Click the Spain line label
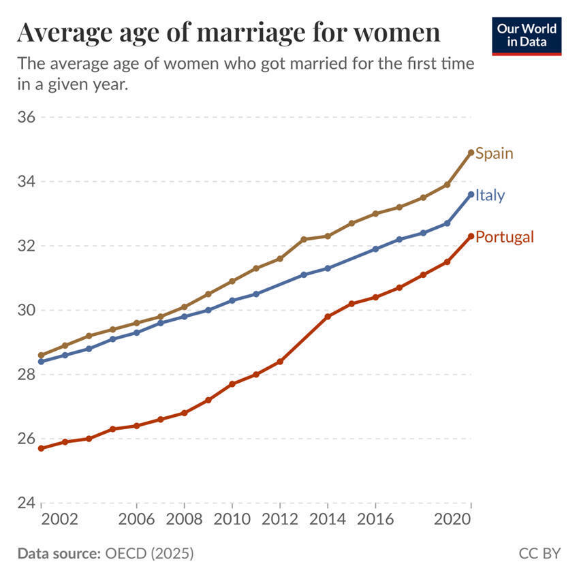494,153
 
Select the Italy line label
490,195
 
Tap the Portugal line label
504,237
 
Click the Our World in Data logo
527,36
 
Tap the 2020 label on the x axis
453,519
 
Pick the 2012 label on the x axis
280,519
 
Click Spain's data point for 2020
471,153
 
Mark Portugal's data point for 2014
328,317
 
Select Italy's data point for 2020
471,194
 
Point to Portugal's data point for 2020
471,236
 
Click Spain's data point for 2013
304,239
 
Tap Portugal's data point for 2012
280,362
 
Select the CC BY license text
539,553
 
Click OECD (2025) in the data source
149,553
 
